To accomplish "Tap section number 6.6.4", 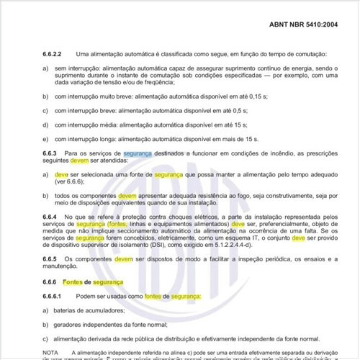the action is (x=53, y=216).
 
